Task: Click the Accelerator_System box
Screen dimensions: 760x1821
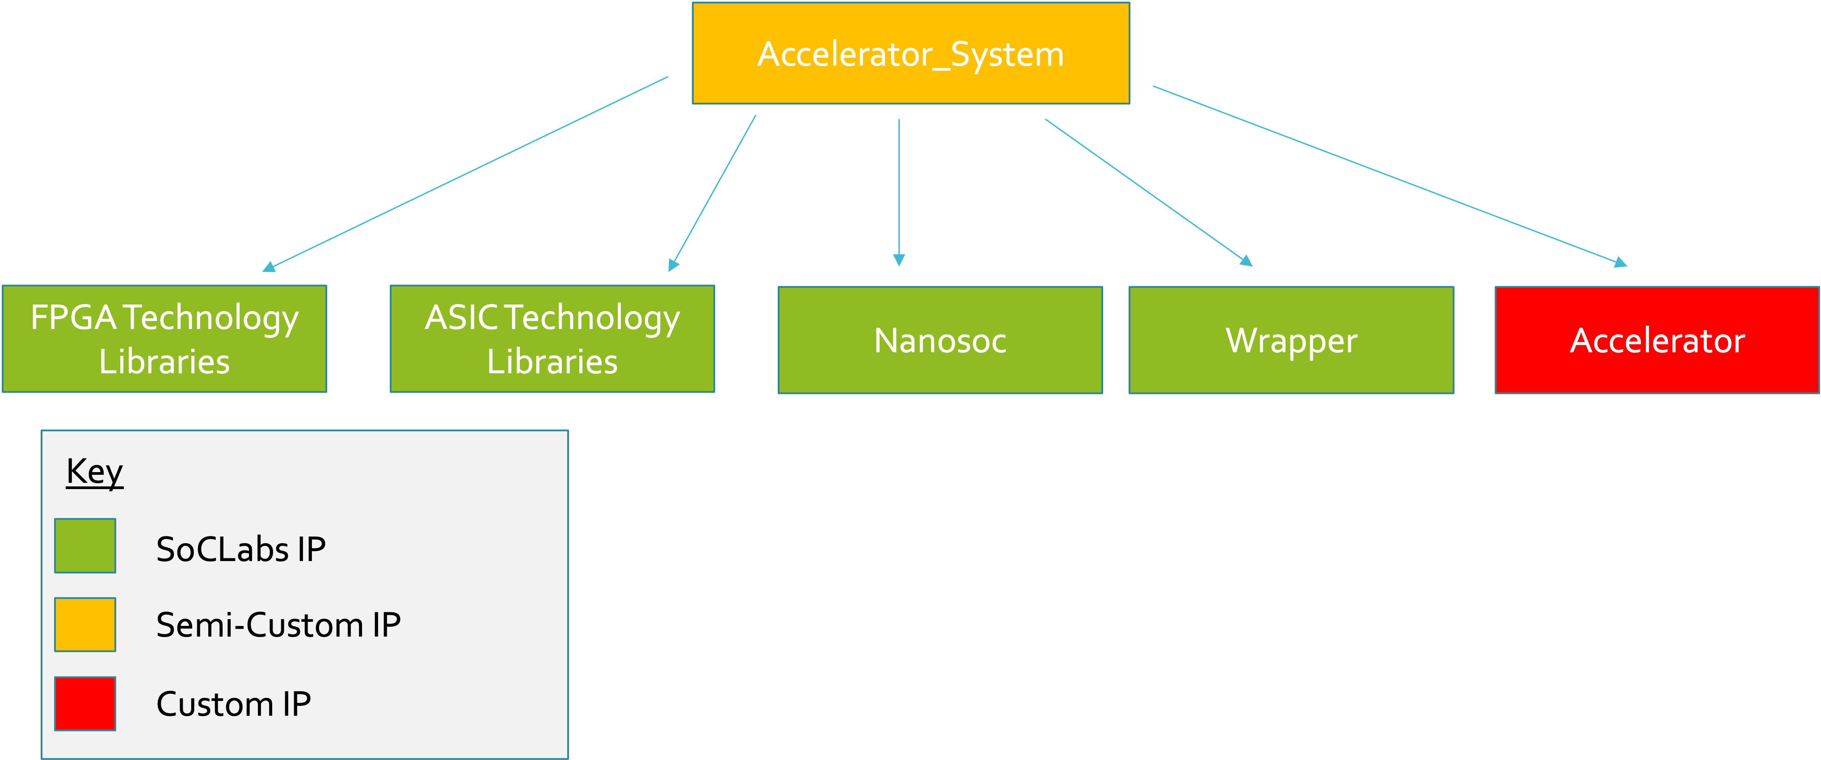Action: coord(910,54)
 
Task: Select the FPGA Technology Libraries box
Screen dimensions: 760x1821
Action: coord(164,338)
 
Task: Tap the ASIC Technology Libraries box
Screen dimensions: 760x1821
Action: coord(552,338)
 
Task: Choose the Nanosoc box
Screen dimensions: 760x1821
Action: coord(940,340)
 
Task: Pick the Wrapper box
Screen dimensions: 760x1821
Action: coord(1291,340)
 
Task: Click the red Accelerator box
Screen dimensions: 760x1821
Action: coord(1657,340)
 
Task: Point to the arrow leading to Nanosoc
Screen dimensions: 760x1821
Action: coord(899,191)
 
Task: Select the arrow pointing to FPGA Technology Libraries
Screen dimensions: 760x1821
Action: coord(467,173)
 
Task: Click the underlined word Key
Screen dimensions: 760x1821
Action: coord(95,472)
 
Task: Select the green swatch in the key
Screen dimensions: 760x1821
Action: coord(85,546)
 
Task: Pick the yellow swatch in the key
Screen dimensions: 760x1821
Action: coord(85,624)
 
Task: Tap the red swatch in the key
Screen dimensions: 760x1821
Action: coord(85,703)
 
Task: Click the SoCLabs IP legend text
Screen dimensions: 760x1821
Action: coord(240,549)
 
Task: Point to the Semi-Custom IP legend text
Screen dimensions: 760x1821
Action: coord(278,625)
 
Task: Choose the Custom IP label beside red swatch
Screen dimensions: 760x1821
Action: coord(233,704)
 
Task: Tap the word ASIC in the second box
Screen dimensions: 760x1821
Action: coord(462,317)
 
